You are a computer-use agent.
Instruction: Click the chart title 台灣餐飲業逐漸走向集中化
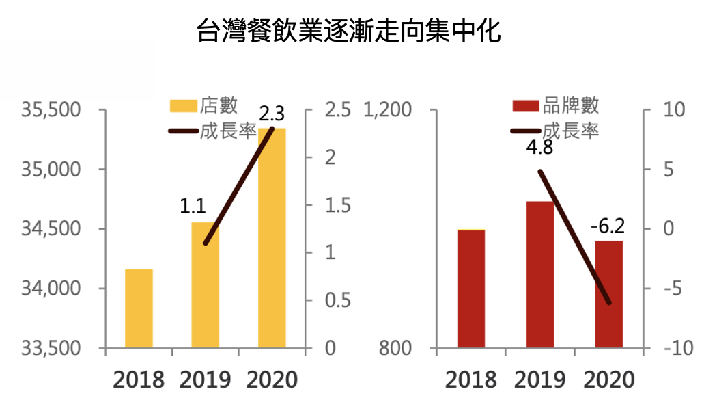click(349, 31)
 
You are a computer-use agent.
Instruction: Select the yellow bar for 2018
click(139, 308)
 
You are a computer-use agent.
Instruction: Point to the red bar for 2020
click(608, 294)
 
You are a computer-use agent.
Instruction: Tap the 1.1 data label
click(193, 205)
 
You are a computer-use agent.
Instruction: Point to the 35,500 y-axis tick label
click(52, 110)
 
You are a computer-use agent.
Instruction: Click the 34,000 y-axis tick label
click(52, 289)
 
